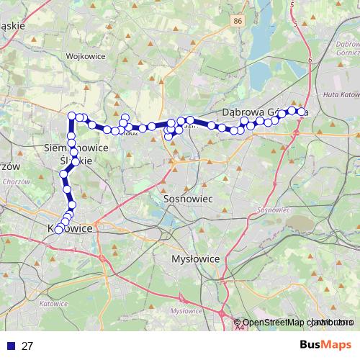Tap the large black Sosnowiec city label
pos(186,197)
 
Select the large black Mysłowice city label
pos(194,258)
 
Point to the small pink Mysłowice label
pos(185,310)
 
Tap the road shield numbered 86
pos(238,22)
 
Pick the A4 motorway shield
pos(238,328)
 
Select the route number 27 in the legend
pos(27,346)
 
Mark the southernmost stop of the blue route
pos(58,230)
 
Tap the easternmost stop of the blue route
pos(301,112)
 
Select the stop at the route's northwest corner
pos(72,117)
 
